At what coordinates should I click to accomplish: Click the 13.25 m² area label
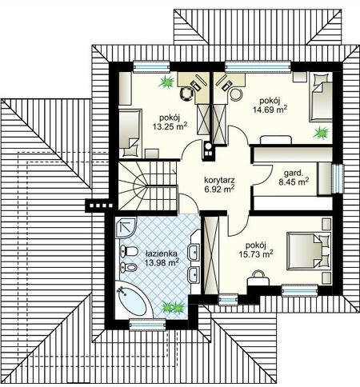[170, 126]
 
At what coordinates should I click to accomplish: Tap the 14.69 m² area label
[270, 110]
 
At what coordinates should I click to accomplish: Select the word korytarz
[219, 180]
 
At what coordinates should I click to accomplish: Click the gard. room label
[294, 174]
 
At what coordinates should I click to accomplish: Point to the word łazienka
[162, 253]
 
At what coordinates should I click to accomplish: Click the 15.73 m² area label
[256, 254]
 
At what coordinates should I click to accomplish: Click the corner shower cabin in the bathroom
[126, 227]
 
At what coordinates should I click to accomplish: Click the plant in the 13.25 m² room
[166, 82]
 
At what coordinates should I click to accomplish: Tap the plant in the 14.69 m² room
[322, 133]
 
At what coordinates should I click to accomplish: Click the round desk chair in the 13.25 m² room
[187, 94]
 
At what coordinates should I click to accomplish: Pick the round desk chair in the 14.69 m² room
[236, 94]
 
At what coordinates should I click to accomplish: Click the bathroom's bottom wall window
[147, 325]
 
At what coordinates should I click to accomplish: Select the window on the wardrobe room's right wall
[338, 178]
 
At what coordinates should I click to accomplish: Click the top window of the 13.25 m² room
[151, 66]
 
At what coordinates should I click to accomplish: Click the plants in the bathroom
[173, 307]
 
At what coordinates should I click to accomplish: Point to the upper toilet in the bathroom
[129, 251]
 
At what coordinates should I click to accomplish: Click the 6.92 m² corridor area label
[219, 190]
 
